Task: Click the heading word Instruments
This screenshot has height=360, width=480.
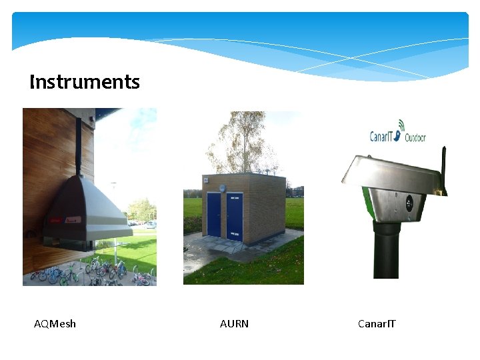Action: coord(85,82)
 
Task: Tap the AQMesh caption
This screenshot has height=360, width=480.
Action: coord(55,324)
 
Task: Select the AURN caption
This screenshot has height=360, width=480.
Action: coord(234,324)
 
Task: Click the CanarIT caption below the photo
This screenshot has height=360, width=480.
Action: coord(377,324)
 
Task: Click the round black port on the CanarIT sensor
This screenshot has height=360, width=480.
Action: coord(409,202)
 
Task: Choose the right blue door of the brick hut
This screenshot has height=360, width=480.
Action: coord(235,216)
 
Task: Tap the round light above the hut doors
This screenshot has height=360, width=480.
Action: coord(223,187)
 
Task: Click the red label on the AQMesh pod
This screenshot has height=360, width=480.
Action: coord(57,217)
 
